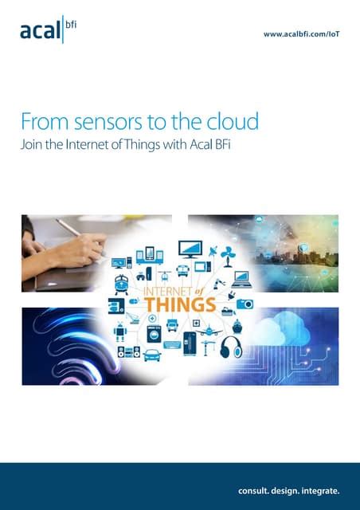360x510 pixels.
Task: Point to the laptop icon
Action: [x=241, y=279]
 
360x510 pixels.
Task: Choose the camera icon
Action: [x=245, y=304]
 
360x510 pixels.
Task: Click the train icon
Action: [x=123, y=283]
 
